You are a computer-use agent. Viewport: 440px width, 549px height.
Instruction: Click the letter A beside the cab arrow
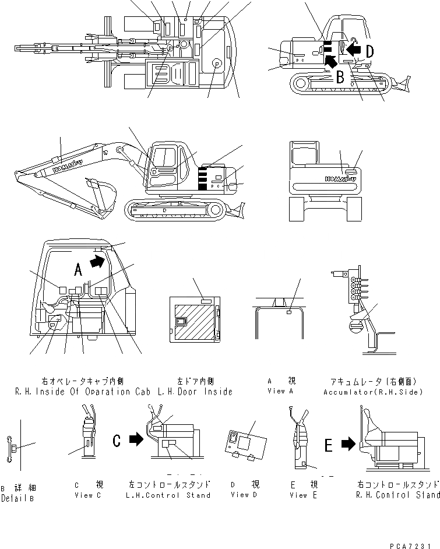coord(78,269)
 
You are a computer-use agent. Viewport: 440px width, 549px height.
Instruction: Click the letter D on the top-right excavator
coord(370,51)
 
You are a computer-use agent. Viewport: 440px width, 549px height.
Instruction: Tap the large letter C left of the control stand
coord(117,441)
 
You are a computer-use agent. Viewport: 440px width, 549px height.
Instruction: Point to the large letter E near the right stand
coord(329,446)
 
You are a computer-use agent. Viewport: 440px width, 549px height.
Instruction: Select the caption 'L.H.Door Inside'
coord(195,392)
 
